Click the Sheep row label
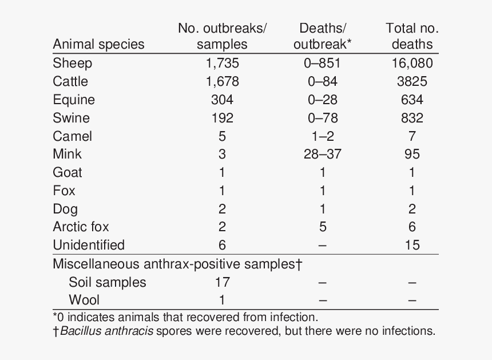[x=72, y=63]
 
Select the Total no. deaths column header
[x=412, y=36]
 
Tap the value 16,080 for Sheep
[x=412, y=63]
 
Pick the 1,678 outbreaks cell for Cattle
[x=222, y=81]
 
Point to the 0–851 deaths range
[x=323, y=63]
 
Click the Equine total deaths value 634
[x=412, y=100]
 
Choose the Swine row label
[x=72, y=118]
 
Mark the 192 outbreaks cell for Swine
[x=222, y=118]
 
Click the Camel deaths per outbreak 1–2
[x=323, y=136]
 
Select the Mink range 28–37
[x=323, y=154]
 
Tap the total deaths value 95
[x=412, y=154]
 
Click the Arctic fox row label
[x=81, y=227]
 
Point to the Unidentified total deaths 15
[x=412, y=245]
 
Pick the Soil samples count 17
[x=222, y=282]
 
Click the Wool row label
[x=84, y=300]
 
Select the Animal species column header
[x=98, y=45]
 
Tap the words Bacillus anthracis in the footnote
[x=107, y=331]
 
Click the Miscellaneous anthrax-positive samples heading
[x=177, y=264]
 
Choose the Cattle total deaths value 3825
[x=412, y=81]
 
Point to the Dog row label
[x=65, y=209]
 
